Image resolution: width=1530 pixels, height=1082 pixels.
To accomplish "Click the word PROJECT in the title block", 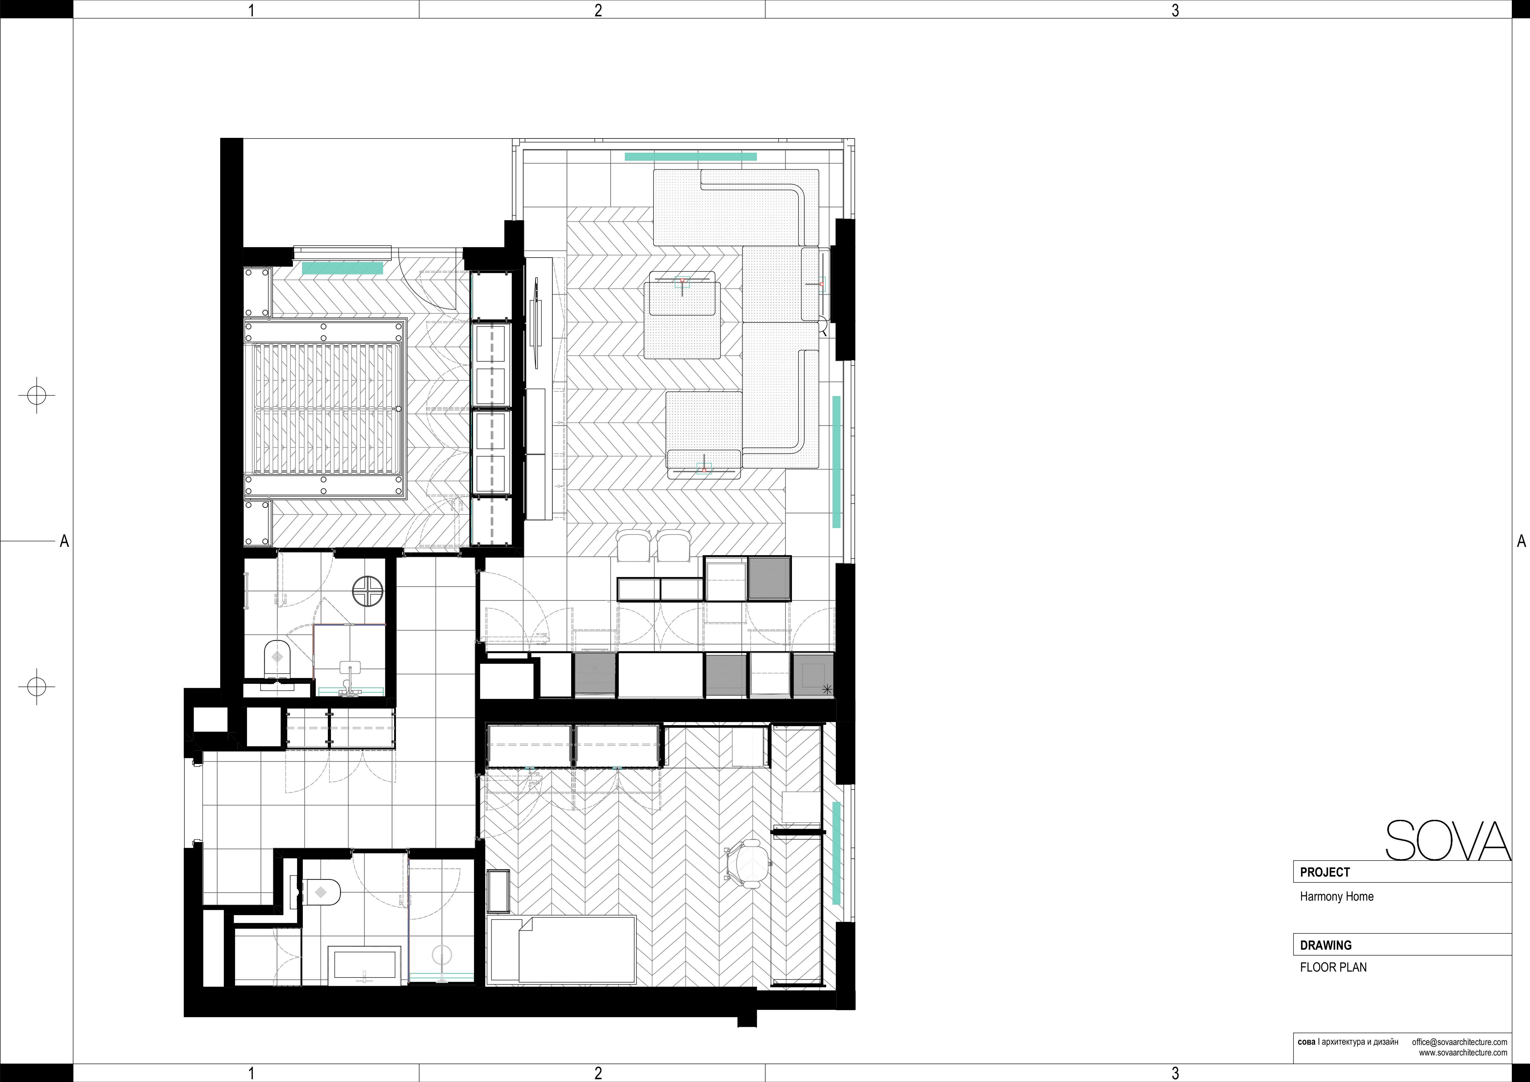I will (x=1325, y=872).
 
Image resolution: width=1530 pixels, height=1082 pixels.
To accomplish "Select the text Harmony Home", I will (x=1336, y=897).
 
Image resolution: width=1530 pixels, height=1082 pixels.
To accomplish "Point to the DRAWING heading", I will (x=1326, y=945).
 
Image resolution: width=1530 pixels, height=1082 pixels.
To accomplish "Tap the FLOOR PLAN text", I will (x=1333, y=967).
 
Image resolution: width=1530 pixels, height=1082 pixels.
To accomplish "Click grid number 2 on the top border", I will (x=598, y=10).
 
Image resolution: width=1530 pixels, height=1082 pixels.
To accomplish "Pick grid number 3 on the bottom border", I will (x=1175, y=1073).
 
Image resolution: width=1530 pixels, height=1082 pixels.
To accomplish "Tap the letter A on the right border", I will (x=1521, y=541).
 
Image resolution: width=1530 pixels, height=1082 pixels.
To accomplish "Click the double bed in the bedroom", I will (x=325, y=408).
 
